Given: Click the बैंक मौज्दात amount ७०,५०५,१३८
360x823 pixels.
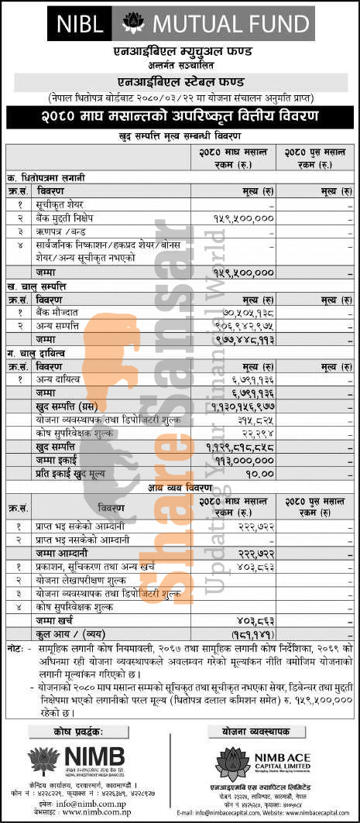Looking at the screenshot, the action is click(245, 312).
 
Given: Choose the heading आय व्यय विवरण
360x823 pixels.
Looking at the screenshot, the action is click(180, 488).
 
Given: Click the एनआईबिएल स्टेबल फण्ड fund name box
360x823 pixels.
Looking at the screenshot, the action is click(180, 80).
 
